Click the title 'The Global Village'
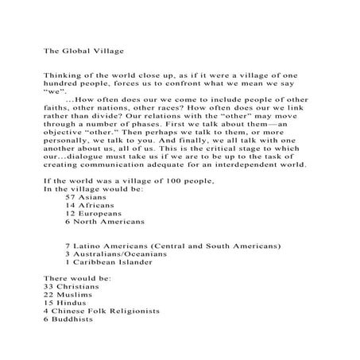[83, 49]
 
